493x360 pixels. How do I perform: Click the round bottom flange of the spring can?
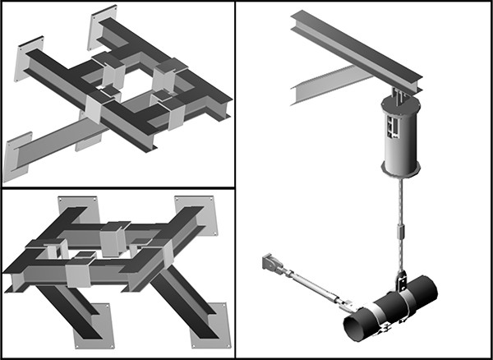point(401,169)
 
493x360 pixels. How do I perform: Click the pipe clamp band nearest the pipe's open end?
point(374,316)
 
